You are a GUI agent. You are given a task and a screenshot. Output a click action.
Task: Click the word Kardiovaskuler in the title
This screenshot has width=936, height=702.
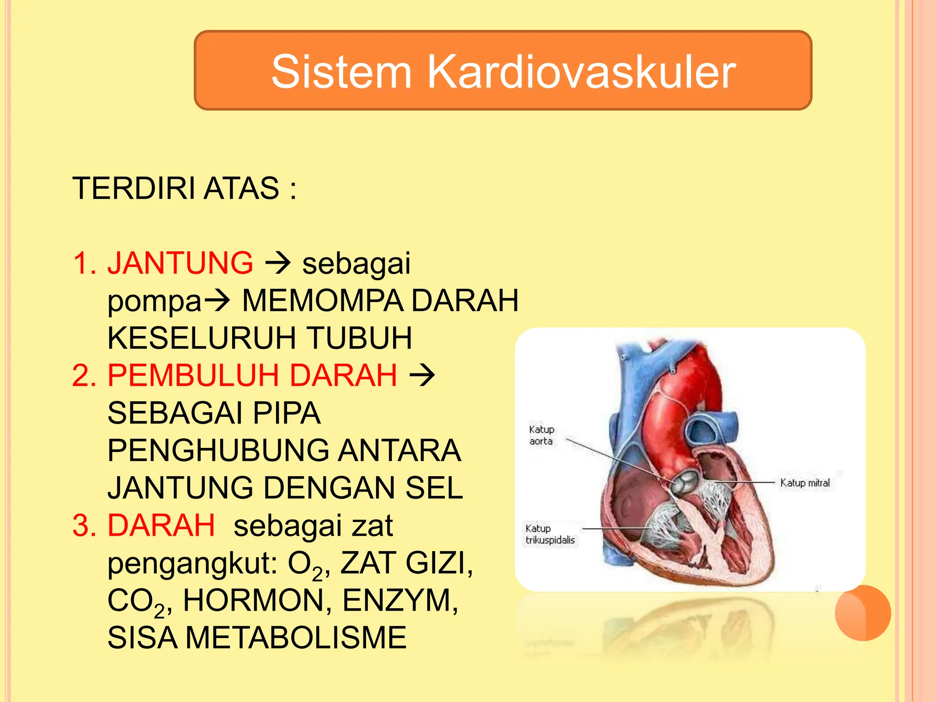pos(581,72)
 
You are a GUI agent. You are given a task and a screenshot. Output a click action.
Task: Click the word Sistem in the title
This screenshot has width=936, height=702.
pos(342,72)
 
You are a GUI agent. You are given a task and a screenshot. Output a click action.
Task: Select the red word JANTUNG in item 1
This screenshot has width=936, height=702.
pos(180,263)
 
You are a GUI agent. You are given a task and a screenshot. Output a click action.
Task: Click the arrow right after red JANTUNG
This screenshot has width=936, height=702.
pos(278,263)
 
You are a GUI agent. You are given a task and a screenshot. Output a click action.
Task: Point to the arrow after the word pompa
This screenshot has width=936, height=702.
pos(217,301)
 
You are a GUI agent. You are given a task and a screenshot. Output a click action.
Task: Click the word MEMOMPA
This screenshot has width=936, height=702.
pos(323,301)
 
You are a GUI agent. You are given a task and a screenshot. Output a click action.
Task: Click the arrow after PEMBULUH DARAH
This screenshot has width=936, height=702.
pos(422,376)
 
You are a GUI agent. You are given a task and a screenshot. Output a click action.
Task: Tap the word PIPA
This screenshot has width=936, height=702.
pos(287,413)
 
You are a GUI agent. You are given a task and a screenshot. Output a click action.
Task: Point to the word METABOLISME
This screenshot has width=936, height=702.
pos(296,638)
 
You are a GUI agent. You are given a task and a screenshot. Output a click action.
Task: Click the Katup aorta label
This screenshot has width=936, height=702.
pos(542,435)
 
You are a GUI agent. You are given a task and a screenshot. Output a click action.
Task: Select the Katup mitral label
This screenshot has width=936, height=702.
pos(804,483)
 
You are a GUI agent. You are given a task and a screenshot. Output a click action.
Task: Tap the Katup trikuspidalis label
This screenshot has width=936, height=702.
pos(550,534)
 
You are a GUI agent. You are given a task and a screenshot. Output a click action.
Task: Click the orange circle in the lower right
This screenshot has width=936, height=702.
pos(863,613)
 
